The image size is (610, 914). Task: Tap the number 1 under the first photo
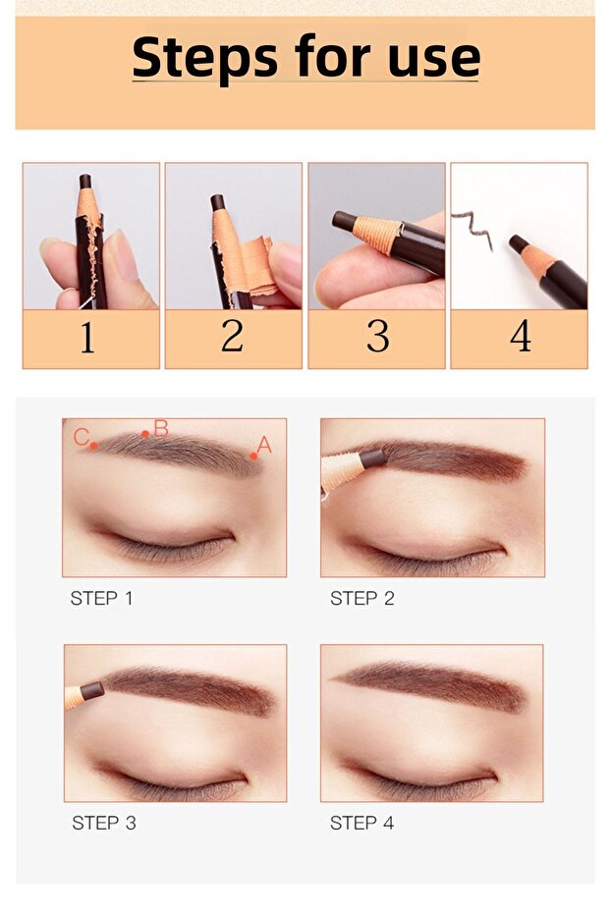point(88,338)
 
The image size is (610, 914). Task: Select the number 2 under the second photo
point(232,337)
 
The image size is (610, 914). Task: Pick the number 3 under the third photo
point(377,337)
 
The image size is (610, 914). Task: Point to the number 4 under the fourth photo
point(521,337)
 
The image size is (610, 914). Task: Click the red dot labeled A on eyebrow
point(253,456)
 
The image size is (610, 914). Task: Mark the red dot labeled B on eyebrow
point(145,434)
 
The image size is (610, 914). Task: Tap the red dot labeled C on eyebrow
point(94,446)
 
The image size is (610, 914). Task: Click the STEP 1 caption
point(101,598)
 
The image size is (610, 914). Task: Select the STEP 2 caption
point(361,598)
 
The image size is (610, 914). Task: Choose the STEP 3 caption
point(104,823)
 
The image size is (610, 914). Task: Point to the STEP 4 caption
point(361,823)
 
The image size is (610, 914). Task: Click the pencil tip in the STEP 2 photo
point(372,457)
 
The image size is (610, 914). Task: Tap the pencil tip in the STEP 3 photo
point(91,691)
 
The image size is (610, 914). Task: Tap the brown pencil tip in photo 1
point(85,182)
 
